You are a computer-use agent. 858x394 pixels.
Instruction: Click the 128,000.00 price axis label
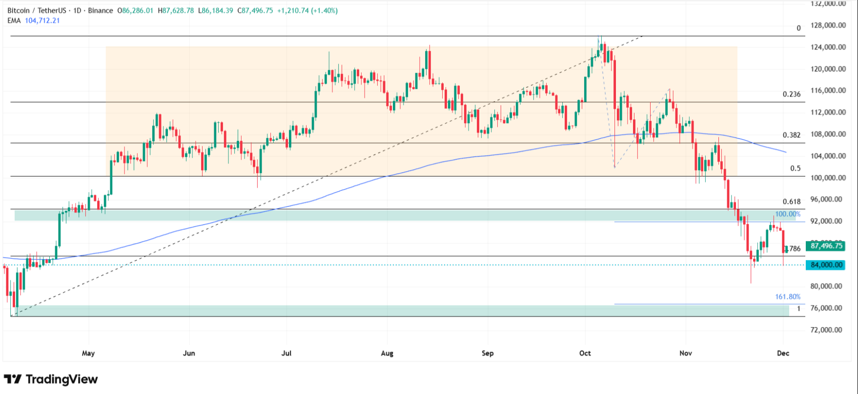(828, 25)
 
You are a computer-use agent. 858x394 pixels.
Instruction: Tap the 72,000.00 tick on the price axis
(828, 330)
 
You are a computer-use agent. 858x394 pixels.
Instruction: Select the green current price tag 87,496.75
(826, 246)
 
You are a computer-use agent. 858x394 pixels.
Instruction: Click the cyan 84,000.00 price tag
(826, 265)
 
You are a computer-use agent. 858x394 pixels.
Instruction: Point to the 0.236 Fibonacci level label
(791, 94)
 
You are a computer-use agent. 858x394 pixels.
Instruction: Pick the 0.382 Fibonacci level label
(791, 135)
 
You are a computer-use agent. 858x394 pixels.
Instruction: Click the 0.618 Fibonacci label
(791, 201)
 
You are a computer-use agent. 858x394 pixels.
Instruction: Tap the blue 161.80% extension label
(788, 297)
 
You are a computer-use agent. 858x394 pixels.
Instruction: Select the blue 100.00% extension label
(788, 214)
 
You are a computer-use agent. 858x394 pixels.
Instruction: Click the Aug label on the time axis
(387, 353)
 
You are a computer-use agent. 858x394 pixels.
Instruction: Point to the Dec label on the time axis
(783, 353)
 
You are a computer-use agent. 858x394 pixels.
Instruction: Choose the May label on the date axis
(88, 353)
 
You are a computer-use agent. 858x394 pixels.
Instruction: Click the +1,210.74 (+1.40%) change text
(307, 10)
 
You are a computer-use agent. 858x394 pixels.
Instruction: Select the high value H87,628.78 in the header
(176, 10)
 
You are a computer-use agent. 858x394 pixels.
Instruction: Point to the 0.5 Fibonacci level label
(795, 168)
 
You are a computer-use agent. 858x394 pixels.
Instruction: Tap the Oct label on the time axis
(585, 353)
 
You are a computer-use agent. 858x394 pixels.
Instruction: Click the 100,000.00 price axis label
(828, 178)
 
